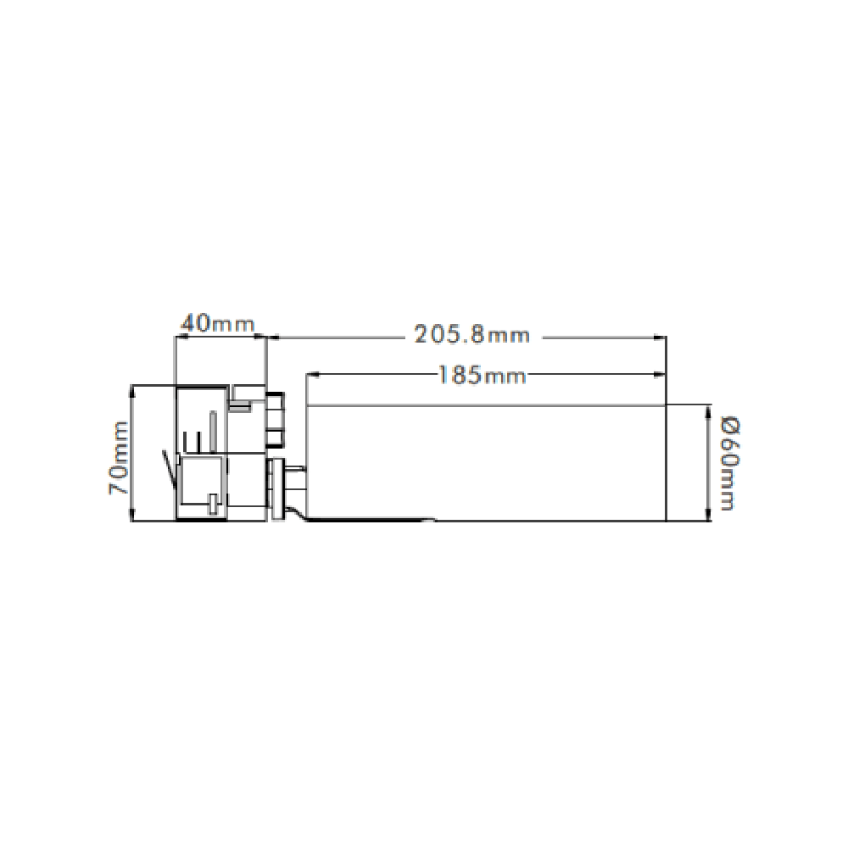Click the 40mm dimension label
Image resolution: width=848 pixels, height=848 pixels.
click(x=217, y=324)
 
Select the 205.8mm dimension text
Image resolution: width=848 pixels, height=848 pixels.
click(x=471, y=335)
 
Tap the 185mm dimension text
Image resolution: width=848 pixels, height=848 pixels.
click(x=481, y=374)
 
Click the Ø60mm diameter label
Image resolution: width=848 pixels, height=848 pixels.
click(x=727, y=462)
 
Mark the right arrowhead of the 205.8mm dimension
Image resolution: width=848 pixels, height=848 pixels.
click(x=661, y=337)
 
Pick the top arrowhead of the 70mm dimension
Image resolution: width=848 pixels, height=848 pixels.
click(x=132, y=390)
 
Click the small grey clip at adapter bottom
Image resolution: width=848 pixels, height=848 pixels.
click(x=211, y=506)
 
